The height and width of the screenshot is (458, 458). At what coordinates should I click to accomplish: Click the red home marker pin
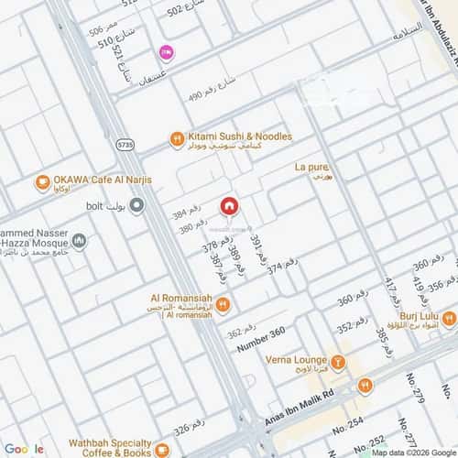point(228,206)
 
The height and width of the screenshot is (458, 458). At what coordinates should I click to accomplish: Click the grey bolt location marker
point(136,207)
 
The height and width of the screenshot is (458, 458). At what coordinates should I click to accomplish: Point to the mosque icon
point(80,242)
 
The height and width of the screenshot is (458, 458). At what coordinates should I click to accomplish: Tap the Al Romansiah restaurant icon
point(223,303)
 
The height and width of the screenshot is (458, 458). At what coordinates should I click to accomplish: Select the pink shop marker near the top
point(166,52)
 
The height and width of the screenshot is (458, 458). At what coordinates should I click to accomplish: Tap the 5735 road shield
point(125,145)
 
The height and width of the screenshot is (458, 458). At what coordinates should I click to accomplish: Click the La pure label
point(311,167)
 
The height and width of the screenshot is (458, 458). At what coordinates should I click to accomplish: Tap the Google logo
point(25,449)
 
